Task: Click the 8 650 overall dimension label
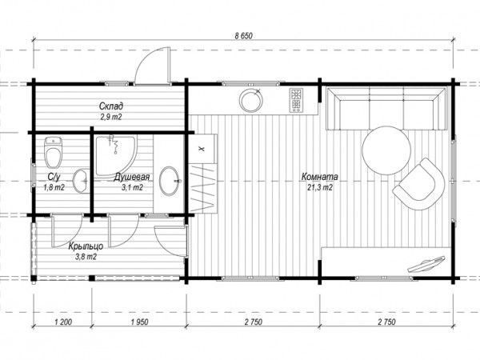pos(244,36)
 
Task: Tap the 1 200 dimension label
pos(63,322)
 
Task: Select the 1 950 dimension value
pos(139,322)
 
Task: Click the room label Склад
pos(111,106)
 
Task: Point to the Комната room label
pos(320,177)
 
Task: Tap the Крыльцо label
pos(86,246)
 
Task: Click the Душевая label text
pos(132,177)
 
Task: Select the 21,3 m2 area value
pos(320,187)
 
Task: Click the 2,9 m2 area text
pos(111,117)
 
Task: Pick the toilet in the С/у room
pos(54,152)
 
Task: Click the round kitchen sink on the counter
pos(251,100)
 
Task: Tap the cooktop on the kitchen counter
pos(296,100)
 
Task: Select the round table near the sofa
pos(386,150)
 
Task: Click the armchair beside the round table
pos(419,184)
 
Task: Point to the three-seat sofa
pos(386,108)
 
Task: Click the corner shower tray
pos(115,156)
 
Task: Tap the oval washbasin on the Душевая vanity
pos(170,181)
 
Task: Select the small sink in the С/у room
pos(81,181)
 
